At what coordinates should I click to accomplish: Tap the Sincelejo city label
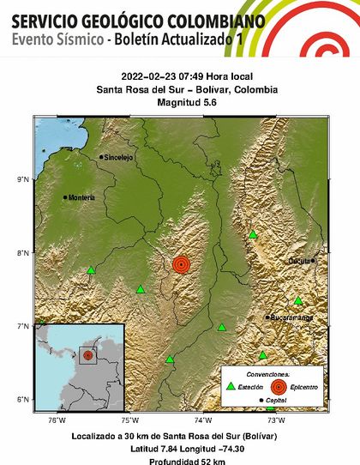(x=119, y=157)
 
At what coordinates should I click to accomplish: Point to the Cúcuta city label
(x=299, y=260)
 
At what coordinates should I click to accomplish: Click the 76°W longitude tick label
(x=57, y=420)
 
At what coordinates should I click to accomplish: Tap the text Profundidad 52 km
(x=180, y=457)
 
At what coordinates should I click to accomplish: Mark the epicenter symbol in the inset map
(x=87, y=356)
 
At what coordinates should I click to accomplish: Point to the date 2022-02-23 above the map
(x=149, y=80)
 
